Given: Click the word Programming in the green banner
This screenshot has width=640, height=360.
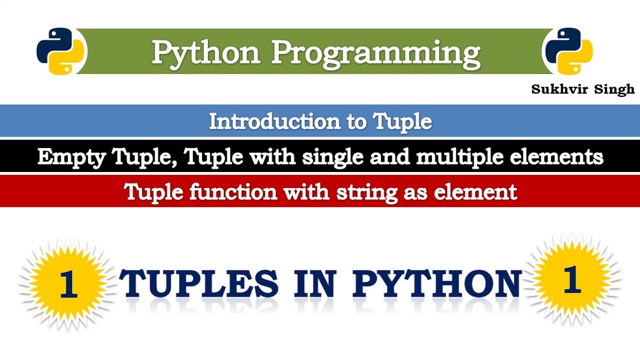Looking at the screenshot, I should click(375, 52).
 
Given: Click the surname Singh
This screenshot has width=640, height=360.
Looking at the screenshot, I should click(613, 89).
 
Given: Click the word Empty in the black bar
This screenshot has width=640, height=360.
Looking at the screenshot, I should click(72, 157).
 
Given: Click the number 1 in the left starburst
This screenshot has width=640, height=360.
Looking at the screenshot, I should click(68, 283).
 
